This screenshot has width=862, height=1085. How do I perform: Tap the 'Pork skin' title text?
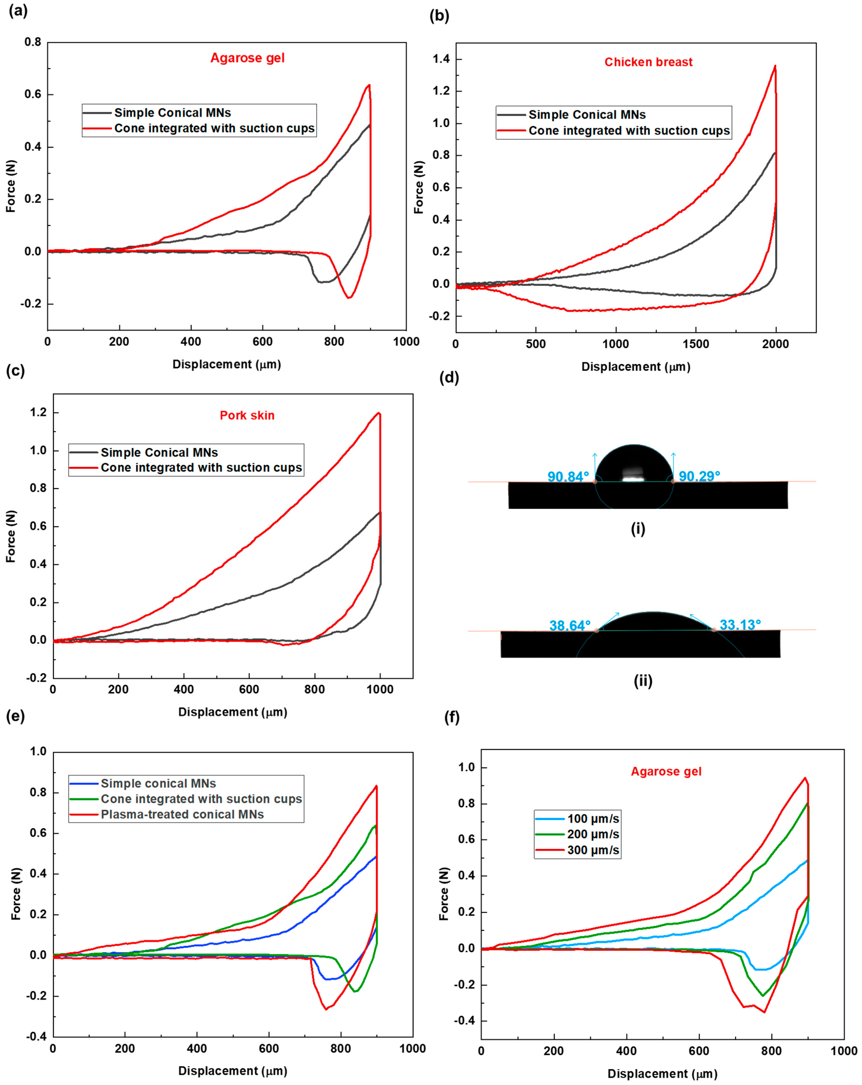[247, 415]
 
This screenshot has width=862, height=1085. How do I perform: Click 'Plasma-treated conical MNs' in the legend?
[182, 814]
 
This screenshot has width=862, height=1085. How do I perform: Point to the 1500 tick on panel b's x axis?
[695, 344]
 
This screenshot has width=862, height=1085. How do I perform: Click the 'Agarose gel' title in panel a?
[247, 58]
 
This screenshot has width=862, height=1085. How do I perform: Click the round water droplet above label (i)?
[634, 463]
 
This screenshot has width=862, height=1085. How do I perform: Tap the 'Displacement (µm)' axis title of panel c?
[232, 712]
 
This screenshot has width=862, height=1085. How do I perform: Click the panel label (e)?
[15, 716]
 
